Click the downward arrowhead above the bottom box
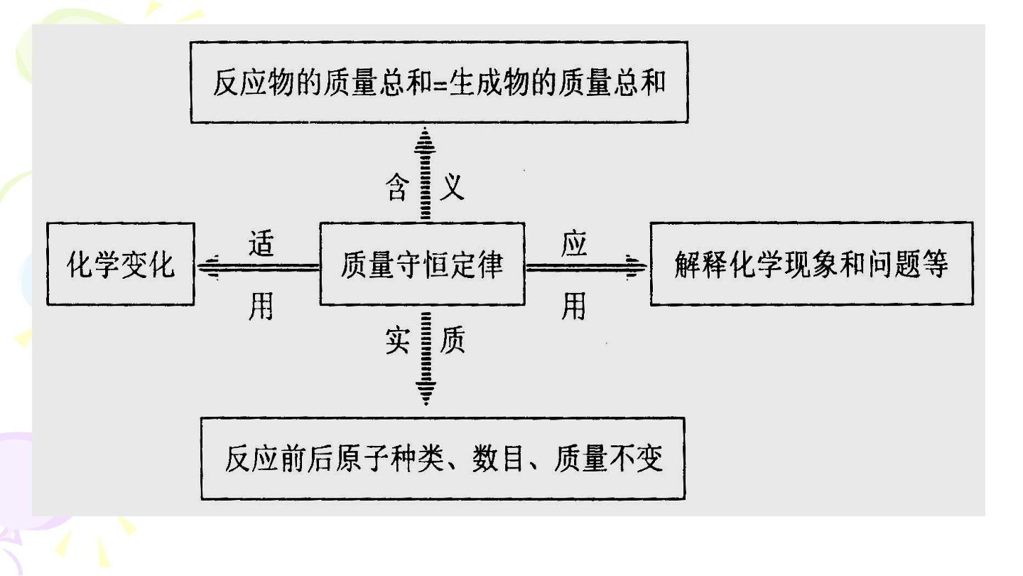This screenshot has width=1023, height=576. click(x=426, y=391)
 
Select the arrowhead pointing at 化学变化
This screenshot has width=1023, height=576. click(x=209, y=267)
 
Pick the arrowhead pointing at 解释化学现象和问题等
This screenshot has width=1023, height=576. click(x=636, y=267)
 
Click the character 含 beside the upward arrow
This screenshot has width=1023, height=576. click(x=397, y=186)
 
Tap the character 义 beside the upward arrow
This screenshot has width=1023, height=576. click(x=452, y=186)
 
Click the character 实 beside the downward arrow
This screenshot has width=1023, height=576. click(x=397, y=340)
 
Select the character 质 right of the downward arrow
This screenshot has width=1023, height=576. click(x=452, y=340)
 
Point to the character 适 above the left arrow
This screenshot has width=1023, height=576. click(x=261, y=243)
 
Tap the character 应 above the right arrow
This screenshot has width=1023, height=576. click(x=574, y=243)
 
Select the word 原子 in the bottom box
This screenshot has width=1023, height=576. click(x=362, y=458)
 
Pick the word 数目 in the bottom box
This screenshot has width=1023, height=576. click(x=498, y=458)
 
